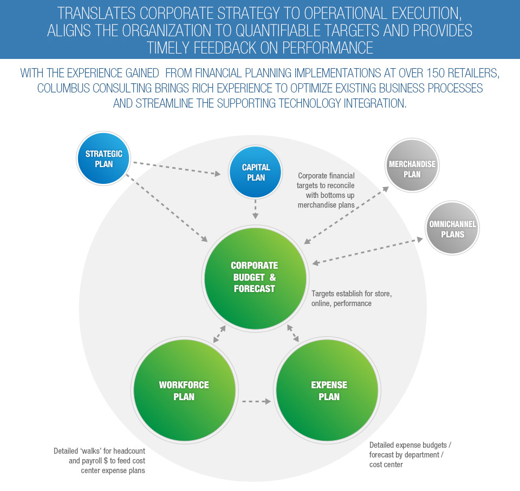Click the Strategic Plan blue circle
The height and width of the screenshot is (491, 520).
point(103,158)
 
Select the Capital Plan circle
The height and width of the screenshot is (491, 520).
point(256,172)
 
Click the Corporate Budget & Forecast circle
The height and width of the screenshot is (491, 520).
point(255,276)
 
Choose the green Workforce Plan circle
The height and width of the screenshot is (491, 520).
point(184,390)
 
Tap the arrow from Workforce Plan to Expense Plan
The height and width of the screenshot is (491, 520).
point(256,401)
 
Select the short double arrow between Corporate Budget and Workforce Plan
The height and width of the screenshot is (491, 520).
point(220,334)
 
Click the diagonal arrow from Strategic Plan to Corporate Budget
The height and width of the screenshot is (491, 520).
point(167,207)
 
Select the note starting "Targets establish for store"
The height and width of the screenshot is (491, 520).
point(351,298)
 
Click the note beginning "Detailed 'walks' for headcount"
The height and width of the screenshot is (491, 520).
point(99,460)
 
